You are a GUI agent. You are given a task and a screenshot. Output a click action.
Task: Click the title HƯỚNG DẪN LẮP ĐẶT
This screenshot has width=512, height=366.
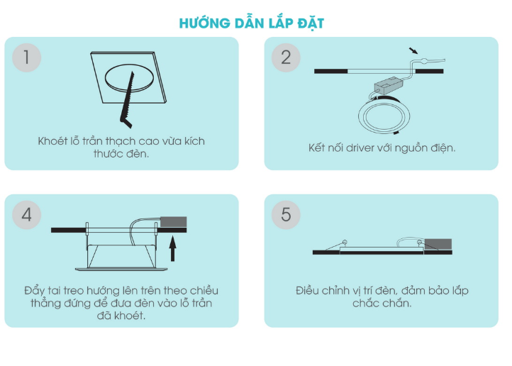pyautogui.click(x=252, y=23)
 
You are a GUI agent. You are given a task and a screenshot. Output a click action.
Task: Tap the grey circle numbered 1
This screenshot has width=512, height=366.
pyautogui.click(x=26, y=57)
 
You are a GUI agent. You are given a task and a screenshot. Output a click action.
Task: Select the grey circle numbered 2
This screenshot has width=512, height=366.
pyautogui.click(x=286, y=57)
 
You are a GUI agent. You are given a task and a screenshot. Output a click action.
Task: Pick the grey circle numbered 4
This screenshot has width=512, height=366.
pyautogui.click(x=26, y=215)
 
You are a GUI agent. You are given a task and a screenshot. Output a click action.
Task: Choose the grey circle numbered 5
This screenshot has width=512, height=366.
pyautogui.click(x=286, y=215)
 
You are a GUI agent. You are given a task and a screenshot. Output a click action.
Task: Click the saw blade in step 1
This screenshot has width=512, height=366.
pyautogui.click(x=128, y=98)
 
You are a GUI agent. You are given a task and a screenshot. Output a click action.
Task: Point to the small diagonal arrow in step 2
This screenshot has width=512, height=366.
pyautogui.click(x=413, y=50)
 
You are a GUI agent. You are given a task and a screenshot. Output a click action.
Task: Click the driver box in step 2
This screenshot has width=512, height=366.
pyautogui.click(x=388, y=86)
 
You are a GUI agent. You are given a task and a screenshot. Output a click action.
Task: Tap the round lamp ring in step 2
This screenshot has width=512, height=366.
pyautogui.click(x=384, y=116)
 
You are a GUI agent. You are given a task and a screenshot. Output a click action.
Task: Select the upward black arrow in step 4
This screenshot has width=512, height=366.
pyautogui.click(x=173, y=249)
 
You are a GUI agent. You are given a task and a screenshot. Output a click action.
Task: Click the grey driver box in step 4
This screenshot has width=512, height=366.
pyautogui.click(x=174, y=222)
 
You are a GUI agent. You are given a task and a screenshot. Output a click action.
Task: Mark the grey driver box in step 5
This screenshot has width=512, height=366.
pyautogui.click(x=438, y=244)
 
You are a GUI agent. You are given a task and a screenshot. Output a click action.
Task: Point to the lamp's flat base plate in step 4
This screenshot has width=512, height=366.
pyautogui.click(x=121, y=270)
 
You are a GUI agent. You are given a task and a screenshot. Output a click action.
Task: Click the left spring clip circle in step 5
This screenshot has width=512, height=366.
pyautogui.click(x=345, y=243)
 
